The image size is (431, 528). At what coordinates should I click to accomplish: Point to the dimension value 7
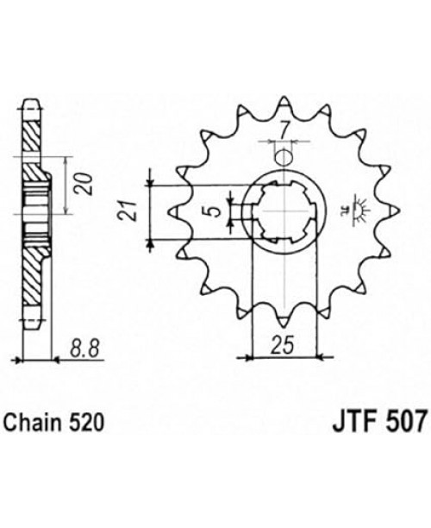pyautogui.click(x=284, y=131)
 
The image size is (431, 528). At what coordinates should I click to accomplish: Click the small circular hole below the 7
pyautogui.click(x=284, y=157)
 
